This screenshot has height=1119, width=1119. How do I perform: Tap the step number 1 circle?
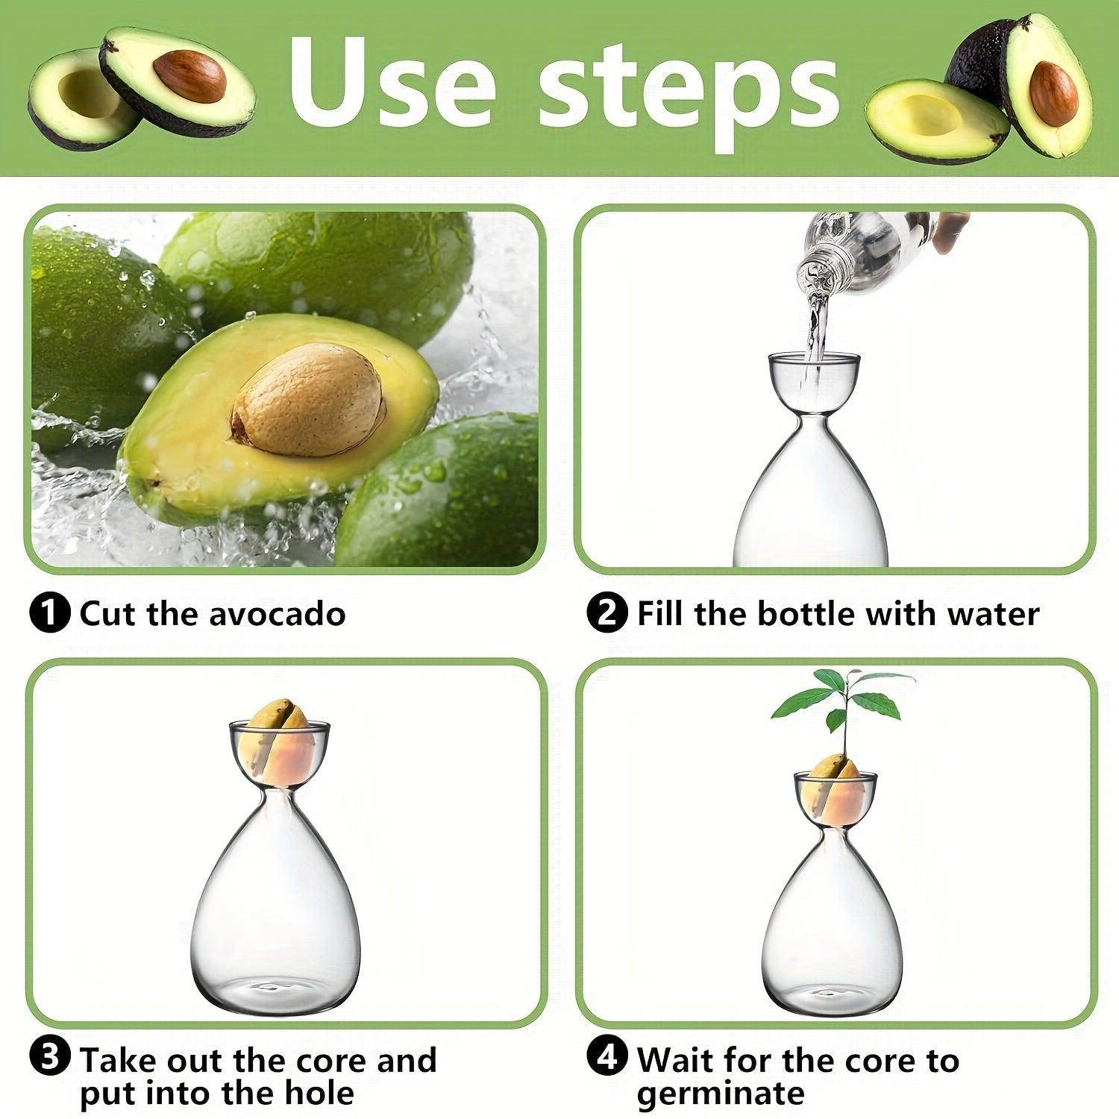click(x=50, y=614)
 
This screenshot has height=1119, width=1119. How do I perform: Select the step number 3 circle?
click(x=50, y=1059)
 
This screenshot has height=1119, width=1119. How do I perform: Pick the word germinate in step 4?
click(x=721, y=1094)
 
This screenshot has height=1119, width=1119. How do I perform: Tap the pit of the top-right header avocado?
click(x=1053, y=94)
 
